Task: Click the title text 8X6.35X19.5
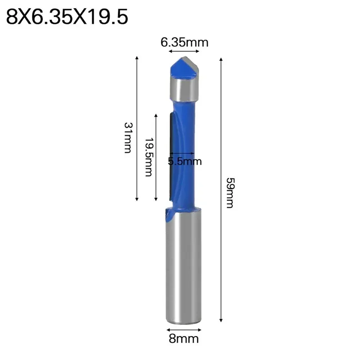(x=67, y=18)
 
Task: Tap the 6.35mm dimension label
(x=184, y=43)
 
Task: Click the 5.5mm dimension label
(x=184, y=161)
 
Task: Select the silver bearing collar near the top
(x=184, y=90)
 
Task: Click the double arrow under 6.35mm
(x=184, y=52)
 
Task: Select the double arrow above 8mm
(x=184, y=328)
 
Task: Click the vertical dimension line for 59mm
(x=221, y=189)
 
